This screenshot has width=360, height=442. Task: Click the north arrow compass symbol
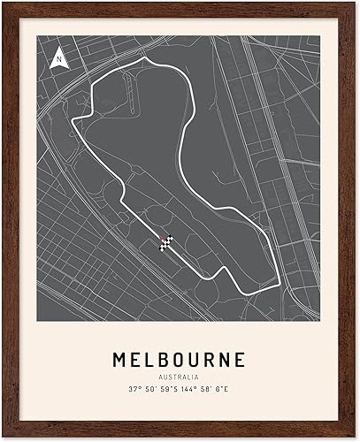click(58, 58)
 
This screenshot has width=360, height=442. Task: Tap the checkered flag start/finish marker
click(166, 244)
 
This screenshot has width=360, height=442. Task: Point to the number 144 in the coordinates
click(193, 390)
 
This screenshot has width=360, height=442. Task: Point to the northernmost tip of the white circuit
click(157, 59)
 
